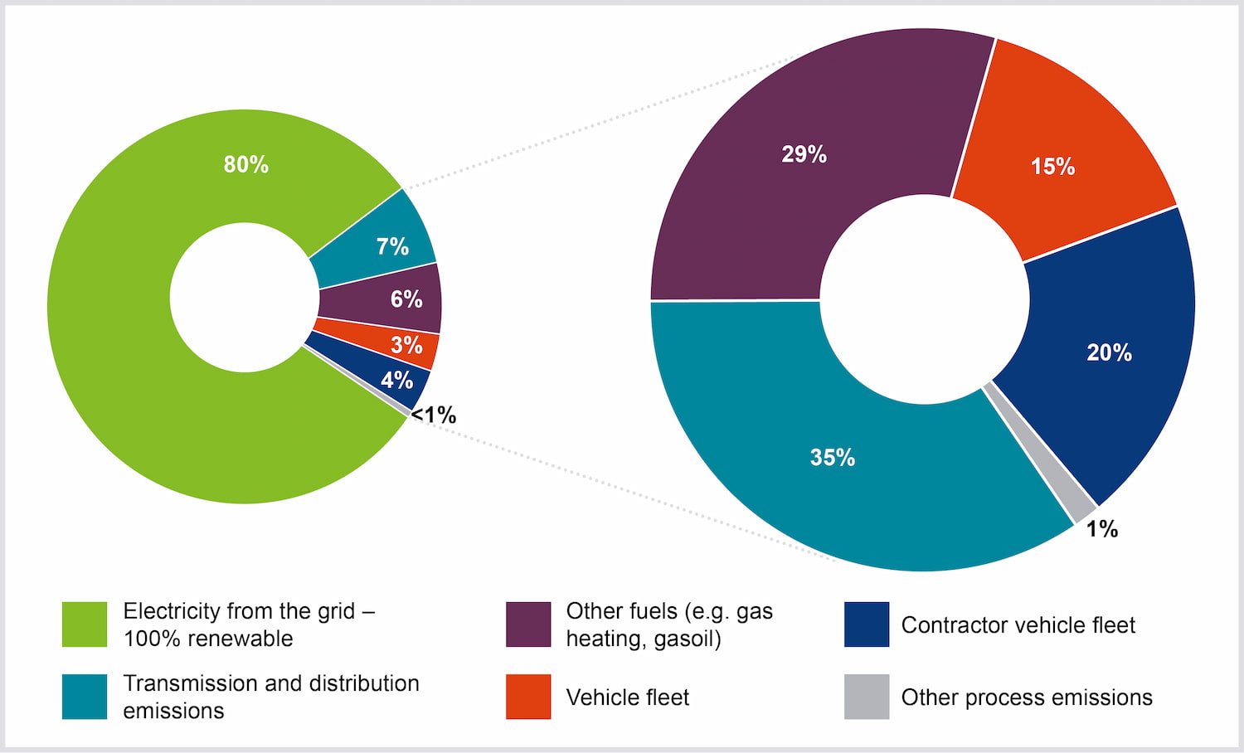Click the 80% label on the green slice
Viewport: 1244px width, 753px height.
pyautogui.click(x=246, y=164)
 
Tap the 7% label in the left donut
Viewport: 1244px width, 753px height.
pyautogui.click(x=392, y=246)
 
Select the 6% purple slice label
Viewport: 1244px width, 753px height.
pyautogui.click(x=406, y=299)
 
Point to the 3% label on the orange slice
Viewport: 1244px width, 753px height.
pyautogui.click(x=406, y=345)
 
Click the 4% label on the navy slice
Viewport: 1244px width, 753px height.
pyautogui.click(x=396, y=380)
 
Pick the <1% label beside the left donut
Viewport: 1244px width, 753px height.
pyautogui.click(x=434, y=415)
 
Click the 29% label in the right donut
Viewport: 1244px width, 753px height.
pyautogui.click(x=804, y=154)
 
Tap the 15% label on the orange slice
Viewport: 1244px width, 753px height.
pyautogui.click(x=1052, y=167)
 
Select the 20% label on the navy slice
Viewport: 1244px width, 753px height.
pyautogui.click(x=1109, y=352)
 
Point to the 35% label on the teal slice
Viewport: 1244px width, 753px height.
pyautogui.click(x=832, y=457)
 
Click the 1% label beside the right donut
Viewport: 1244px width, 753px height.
pyautogui.click(x=1101, y=529)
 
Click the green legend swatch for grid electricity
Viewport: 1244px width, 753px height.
pyautogui.click(x=85, y=624)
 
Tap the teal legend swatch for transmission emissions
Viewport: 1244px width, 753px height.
pyautogui.click(x=85, y=697)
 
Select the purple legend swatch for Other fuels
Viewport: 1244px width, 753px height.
pyautogui.click(x=528, y=624)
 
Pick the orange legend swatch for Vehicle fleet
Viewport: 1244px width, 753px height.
pyautogui.click(x=528, y=697)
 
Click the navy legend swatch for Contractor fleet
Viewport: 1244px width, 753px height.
pyautogui.click(x=867, y=624)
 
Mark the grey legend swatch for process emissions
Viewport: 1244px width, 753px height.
pyautogui.click(x=867, y=697)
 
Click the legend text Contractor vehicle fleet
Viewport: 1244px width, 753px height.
pyautogui.click(x=1018, y=625)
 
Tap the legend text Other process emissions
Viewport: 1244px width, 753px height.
pyautogui.click(x=1027, y=697)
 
